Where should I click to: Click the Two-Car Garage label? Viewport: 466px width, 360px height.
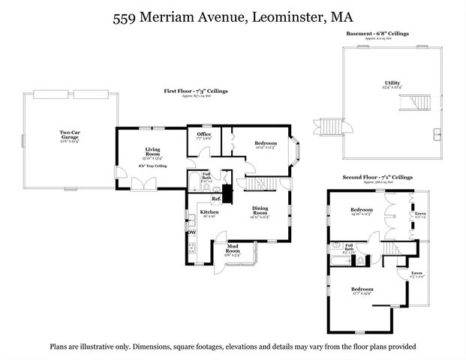click(x=71, y=135)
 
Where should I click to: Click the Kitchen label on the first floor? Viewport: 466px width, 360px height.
click(x=209, y=213)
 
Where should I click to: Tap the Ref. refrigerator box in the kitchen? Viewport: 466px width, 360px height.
click(x=215, y=199)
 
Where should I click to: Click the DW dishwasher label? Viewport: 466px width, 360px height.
click(x=192, y=232)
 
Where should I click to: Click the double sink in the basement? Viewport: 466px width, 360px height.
click(x=437, y=134)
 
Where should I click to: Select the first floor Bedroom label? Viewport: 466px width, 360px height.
click(x=266, y=144)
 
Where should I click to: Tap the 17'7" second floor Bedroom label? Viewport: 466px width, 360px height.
click(x=362, y=289)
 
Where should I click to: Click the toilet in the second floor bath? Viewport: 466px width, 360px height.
click(x=361, y=260)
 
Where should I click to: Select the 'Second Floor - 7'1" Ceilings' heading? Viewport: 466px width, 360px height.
click(x=377, y=177)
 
